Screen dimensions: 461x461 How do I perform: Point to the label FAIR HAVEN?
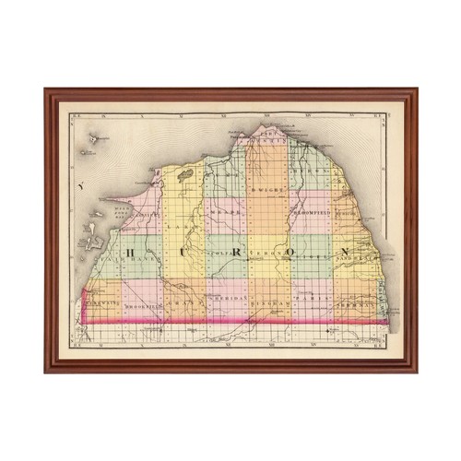pos(138,261)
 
